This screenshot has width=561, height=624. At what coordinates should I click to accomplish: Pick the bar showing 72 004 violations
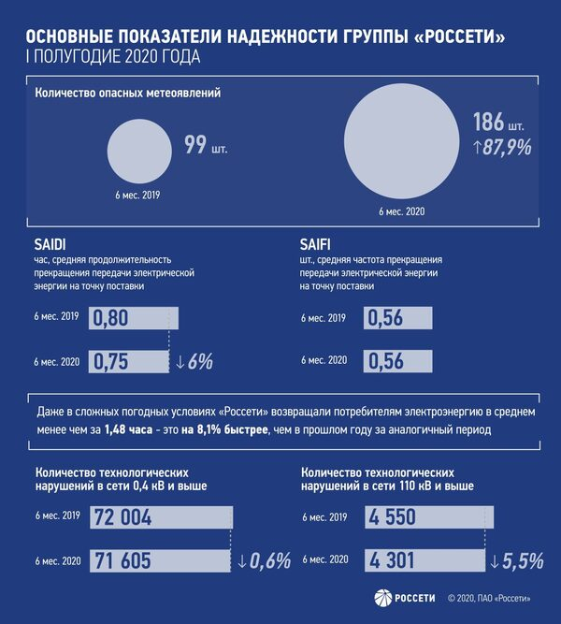tap(160, 517)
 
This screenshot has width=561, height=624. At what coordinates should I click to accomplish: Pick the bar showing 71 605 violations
tap(159, 560)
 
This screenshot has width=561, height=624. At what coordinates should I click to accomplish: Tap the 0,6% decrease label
tap(265, 561)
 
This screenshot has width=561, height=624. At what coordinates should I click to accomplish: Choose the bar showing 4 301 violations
tap(426, 560)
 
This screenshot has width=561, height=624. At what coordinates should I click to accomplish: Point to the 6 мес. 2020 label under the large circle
tap(402, 212)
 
